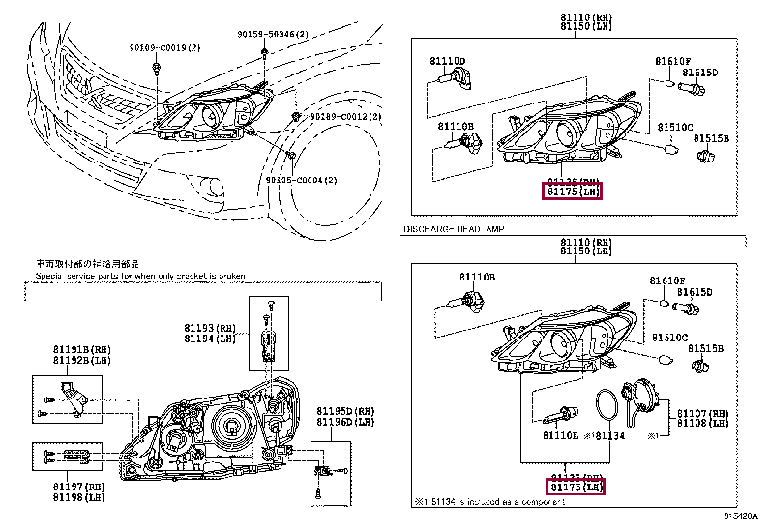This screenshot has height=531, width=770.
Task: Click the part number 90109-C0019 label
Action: click(163, 46)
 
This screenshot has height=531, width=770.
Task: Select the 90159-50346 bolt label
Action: click(272, 34)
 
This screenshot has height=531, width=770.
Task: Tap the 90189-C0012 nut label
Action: click(345, 116)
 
